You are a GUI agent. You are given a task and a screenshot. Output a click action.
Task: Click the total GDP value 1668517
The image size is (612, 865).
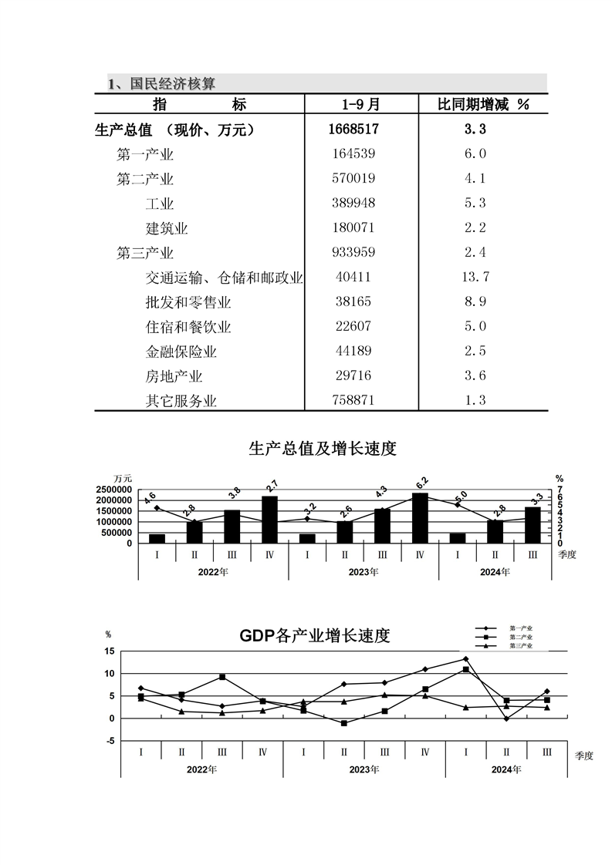[x=354, y=130]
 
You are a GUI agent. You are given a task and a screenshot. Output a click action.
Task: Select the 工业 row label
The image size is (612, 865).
[x=160, y=204]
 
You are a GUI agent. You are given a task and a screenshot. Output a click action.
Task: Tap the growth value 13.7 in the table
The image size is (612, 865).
[x=475, y=278]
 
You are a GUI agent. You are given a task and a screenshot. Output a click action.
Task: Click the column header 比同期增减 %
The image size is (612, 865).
[x=483, y=105]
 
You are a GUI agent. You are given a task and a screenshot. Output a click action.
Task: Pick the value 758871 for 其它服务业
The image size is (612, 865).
[x=354, y=401]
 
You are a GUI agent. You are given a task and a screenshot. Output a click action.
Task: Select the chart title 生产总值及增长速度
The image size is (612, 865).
[x=323, y=449]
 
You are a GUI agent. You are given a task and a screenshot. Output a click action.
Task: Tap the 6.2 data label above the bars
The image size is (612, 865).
[x=421, y=484]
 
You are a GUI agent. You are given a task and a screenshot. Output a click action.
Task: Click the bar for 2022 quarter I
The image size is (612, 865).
[x=157, y=538]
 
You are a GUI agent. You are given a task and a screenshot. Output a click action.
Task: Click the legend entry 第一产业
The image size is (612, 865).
[x=521, y=628]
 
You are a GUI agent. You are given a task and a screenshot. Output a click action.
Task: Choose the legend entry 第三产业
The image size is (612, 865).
[x=521, y=645]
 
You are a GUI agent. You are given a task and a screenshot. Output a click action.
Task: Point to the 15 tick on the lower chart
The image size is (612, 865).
[x=110, y=651]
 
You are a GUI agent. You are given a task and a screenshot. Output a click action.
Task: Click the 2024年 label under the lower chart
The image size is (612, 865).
[x=506, y=769]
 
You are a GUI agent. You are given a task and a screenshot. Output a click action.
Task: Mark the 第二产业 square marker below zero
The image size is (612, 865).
[x=343, y=723]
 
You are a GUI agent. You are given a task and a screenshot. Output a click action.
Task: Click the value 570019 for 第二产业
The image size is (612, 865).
[x=354, y=179]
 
